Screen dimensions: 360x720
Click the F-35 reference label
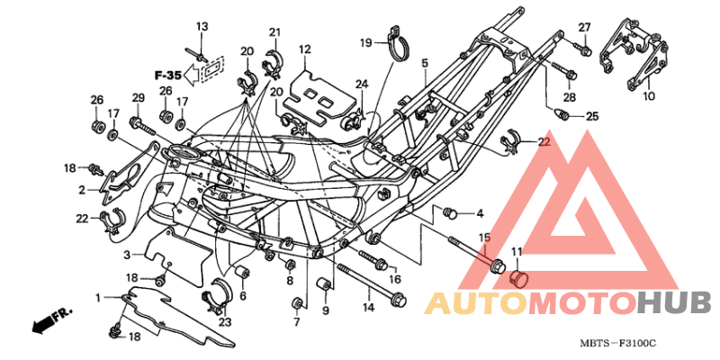(168, 74)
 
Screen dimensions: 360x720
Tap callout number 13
(202, 25)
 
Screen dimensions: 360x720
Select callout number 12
(305, 49)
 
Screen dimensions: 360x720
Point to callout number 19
(366, 42)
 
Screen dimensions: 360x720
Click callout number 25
(591, 116)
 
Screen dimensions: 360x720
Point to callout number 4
(480, 213)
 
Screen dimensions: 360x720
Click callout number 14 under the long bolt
(367, 308)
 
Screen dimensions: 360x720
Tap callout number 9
(326, 311)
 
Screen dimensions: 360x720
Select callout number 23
(224, 321)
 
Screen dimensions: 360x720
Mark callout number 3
(127, 253)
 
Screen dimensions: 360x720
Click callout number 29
(138, 97)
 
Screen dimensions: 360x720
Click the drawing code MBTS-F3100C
(618, 344)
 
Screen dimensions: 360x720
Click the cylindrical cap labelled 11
(517, 277)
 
